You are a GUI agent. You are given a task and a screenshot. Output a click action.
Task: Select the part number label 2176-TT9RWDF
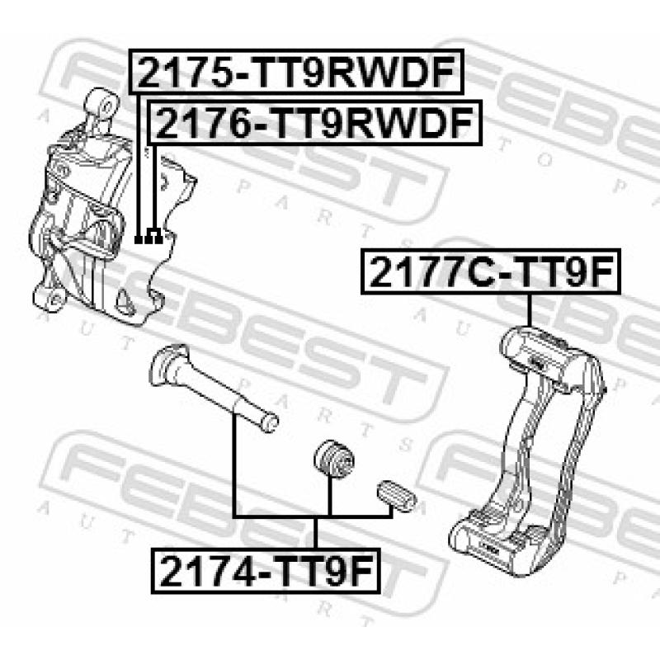313,125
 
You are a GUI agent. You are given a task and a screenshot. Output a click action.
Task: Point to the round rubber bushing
333,459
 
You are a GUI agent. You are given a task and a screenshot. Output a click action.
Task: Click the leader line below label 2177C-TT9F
528,309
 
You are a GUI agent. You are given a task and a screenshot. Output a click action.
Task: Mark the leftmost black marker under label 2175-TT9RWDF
139,239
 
